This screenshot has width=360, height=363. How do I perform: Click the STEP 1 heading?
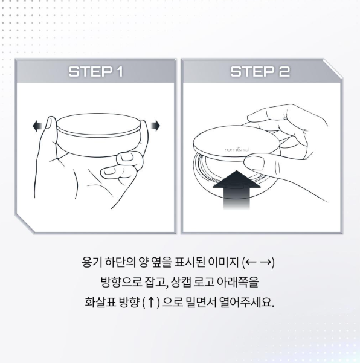tap(95, 71)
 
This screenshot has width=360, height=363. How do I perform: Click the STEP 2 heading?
tap(260, 71)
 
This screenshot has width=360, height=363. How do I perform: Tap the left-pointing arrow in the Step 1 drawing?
tap(37, 126)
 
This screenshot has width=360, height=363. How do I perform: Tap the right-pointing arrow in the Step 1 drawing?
tap(155, 126)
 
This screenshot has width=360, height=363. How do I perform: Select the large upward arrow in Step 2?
tap(237, 190)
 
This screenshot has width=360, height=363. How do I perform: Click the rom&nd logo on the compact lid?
tap(237, 150)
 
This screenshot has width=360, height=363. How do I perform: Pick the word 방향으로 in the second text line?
tap(121, 282)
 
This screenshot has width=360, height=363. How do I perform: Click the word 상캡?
tap(181, 282)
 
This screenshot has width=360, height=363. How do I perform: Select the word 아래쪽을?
tap(237, 282)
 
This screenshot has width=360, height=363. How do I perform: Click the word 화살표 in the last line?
tap(100, 302)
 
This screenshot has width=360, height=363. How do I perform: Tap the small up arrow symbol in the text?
tap(151, 303)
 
